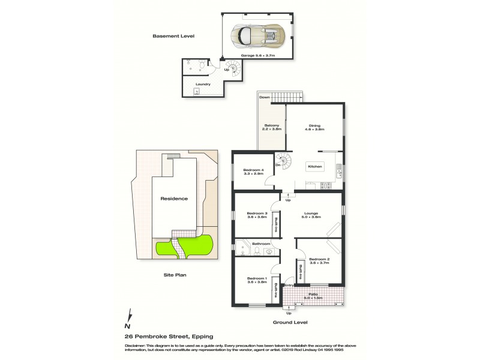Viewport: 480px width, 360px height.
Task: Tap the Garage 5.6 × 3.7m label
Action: tap(258, 55)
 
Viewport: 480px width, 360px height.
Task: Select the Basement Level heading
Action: tap(170, 37)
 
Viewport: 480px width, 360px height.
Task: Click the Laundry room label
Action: tap(203, 84)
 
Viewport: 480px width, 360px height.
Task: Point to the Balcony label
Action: tap(272, 127)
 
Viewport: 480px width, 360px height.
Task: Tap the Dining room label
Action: tap(315, 127)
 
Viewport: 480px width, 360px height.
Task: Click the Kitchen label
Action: tap(315, 166)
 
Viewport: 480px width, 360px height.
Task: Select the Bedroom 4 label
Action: tap(253, 172)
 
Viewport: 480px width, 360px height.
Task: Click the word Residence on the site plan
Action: tap(173, 199)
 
